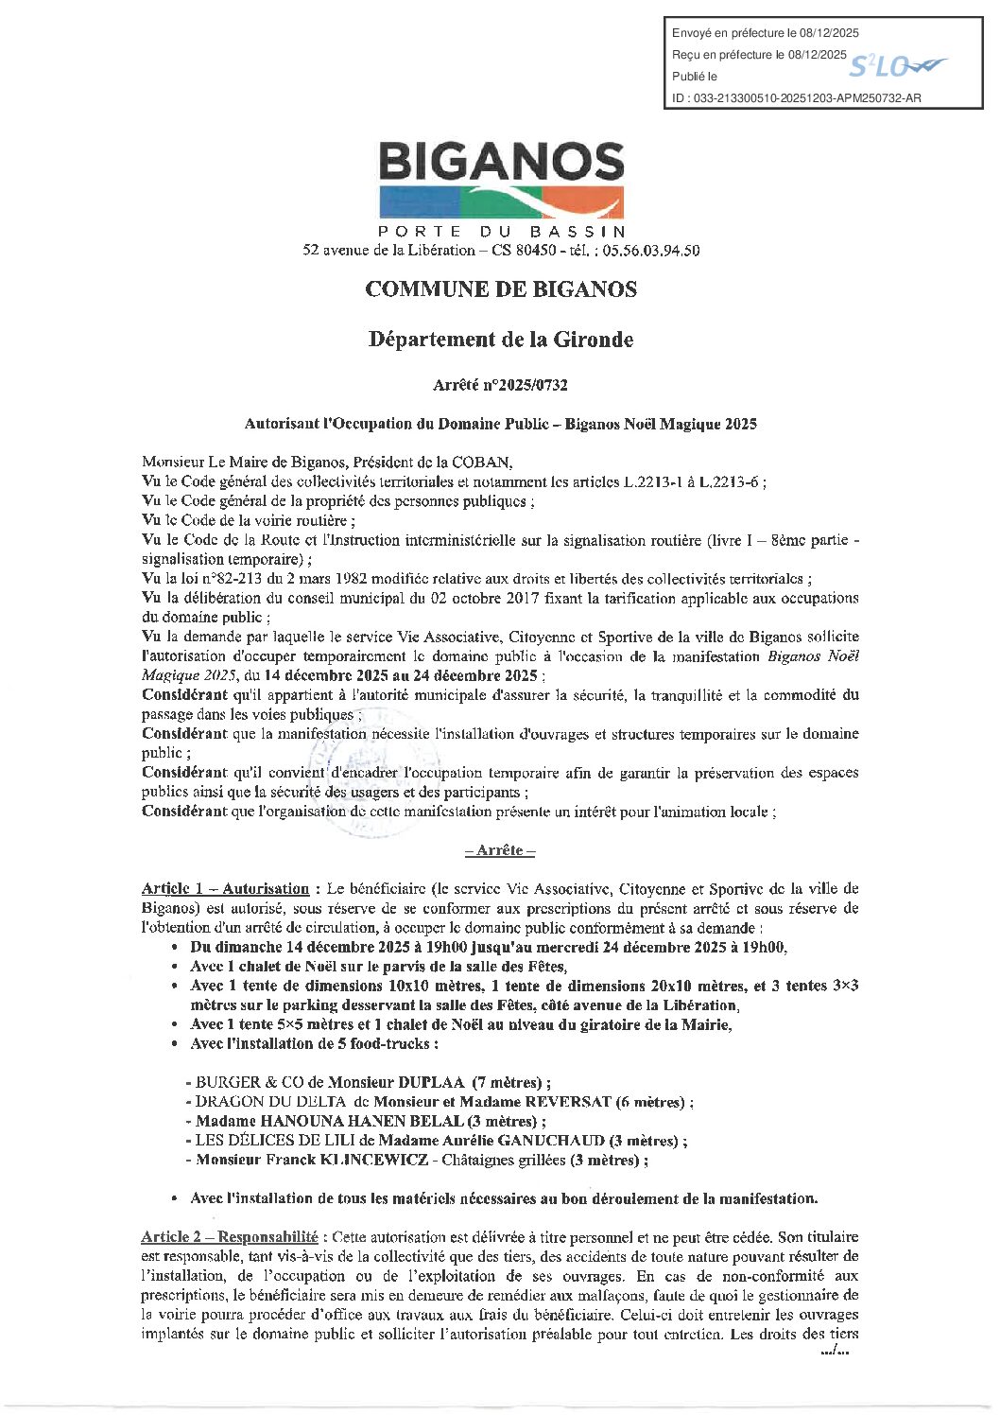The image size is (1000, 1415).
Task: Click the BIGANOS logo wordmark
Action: coord(501,162)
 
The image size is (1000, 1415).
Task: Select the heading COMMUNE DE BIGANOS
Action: coord(501,289)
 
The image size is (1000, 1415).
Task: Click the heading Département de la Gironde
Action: coord(501,339)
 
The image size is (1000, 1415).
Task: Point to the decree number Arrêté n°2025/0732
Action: coord(500,385)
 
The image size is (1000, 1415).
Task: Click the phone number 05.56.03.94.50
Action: coord(651,251)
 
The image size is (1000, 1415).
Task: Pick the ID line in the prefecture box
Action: coord(796,97)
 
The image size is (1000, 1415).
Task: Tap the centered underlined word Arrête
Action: coord(500,850)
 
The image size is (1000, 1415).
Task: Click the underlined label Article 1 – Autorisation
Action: coord(225,888)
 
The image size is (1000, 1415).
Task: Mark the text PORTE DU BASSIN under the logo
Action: coord(501,232)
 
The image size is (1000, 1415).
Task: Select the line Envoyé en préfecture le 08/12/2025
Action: coord(766,33)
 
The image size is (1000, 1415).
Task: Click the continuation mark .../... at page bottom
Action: coord(836,1352)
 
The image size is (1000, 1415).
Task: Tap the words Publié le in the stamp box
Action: coord(694,77)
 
